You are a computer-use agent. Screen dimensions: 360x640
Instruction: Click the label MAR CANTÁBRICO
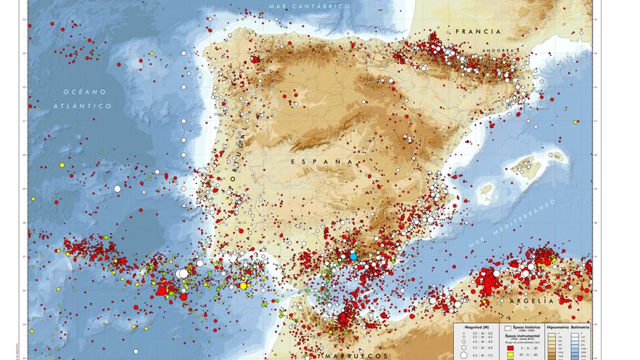pyautogui.click(x=309, y=7)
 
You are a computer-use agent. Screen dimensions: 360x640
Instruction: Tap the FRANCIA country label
pyautogui.click(x=479, y=32)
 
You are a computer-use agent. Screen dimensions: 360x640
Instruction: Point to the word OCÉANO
pyautogui.click(x=84, y=92)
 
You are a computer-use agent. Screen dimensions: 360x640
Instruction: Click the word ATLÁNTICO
pyautogui.click(x=84, y=106)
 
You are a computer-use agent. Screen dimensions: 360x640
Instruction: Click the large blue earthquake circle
pyautogui.click(x=353, y=256)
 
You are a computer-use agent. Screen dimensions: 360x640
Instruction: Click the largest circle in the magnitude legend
pyautogui.click(x=463, y=356)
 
